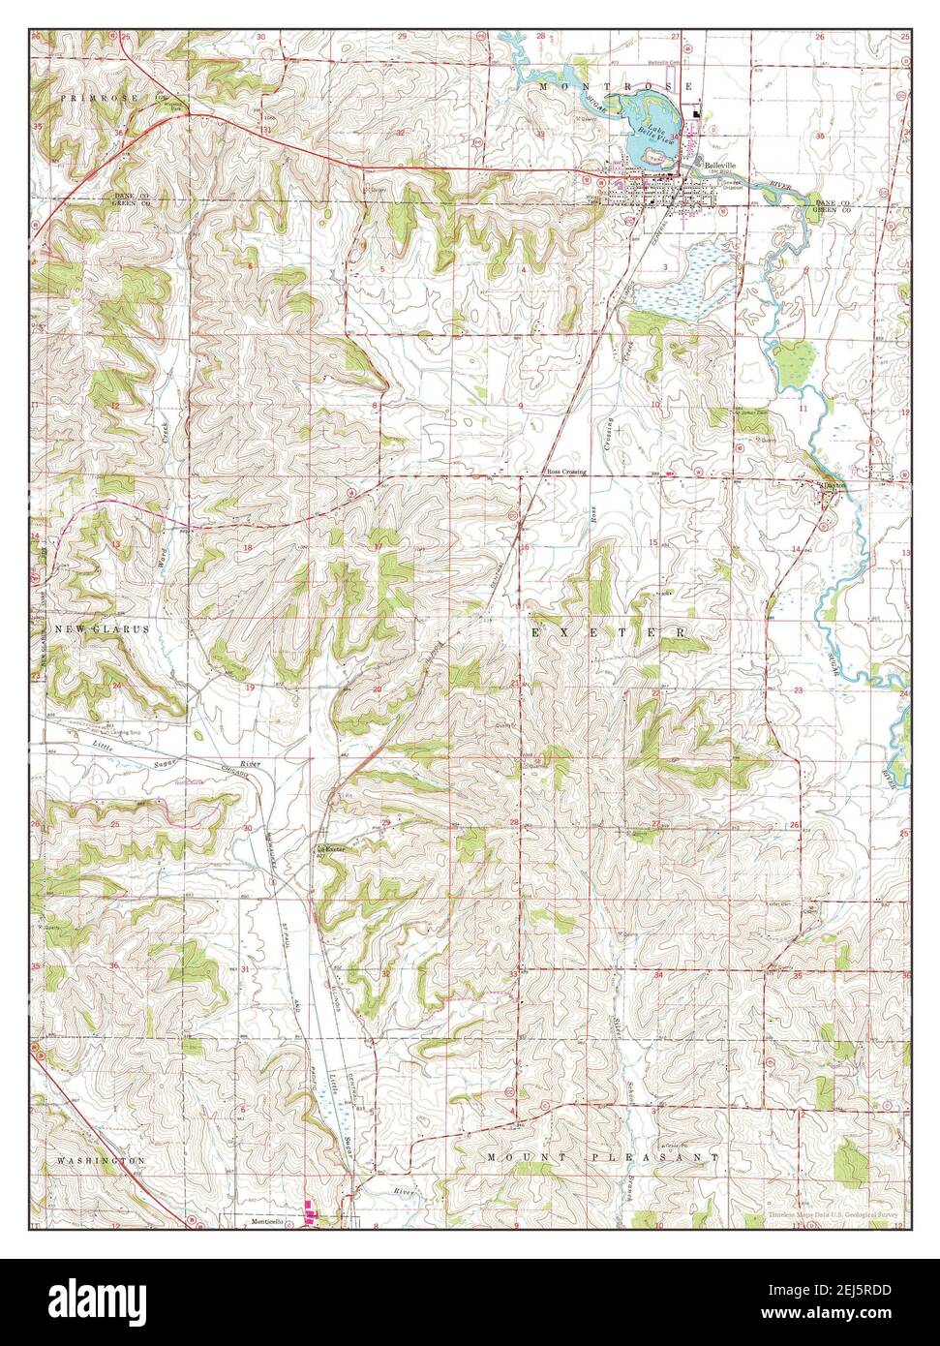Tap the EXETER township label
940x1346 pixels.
click(609, 631)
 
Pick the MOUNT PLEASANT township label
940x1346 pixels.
click(603, 1157)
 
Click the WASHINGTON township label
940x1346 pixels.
click(101, 1159)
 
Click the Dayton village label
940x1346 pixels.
click(832, 484)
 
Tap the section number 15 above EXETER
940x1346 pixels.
click(653, 542)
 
